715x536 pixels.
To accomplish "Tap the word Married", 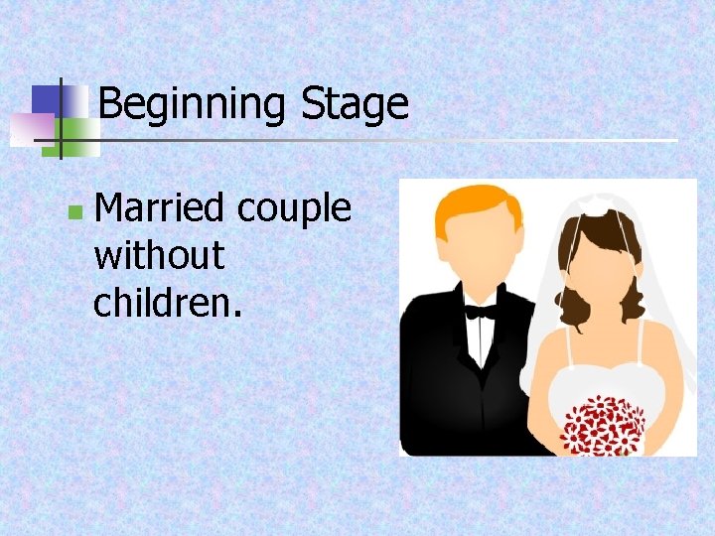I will pos(159,208).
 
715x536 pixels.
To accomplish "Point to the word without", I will pos(159,256).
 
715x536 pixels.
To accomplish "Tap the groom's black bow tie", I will pos(482,311).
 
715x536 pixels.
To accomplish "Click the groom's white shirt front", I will pos(482,342).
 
